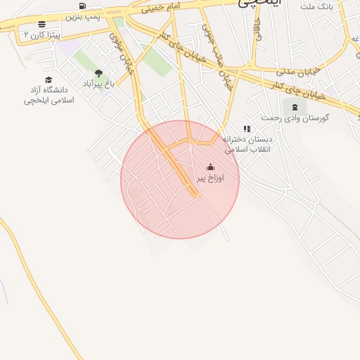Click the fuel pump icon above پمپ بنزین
click(x=83, y=6)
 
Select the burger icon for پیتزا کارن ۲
click(x=41, y=24)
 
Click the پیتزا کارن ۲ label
click(x=41, y=34)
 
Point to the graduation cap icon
click(x=49, y=80)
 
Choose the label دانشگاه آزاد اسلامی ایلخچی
click(x=49, y=95)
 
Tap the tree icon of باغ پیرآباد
click(x=98, y=73)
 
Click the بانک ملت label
click(x=316, y=6)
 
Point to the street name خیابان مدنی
click(x=295, y=72)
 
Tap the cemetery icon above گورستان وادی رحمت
click(x=294, y=107)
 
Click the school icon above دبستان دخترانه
click(x=246, y=129)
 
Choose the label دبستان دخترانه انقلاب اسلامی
click(x=246, y=144)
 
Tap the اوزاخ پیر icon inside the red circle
click(x=210, y=167)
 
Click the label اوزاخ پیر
click(x=210, y=179)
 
